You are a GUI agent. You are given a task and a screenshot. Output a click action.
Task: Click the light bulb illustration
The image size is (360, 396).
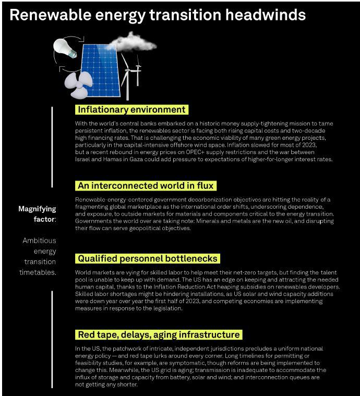point(65,48)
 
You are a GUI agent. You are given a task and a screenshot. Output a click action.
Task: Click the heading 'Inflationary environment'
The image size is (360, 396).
point(131,110)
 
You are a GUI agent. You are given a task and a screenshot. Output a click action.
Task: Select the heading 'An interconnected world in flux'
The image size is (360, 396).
point(146,186)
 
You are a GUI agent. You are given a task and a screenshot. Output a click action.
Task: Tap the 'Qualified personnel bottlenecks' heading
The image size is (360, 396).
point(147,258)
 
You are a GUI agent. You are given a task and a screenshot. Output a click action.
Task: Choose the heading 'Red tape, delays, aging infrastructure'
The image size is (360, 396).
point(159,334)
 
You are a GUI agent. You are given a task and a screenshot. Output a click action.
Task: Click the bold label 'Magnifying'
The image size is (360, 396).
point(37,209)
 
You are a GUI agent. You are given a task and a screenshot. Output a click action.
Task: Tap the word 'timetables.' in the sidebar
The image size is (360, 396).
point(38,272)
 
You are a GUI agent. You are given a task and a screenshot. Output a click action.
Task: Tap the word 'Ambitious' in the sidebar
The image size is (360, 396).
point(39,241)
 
